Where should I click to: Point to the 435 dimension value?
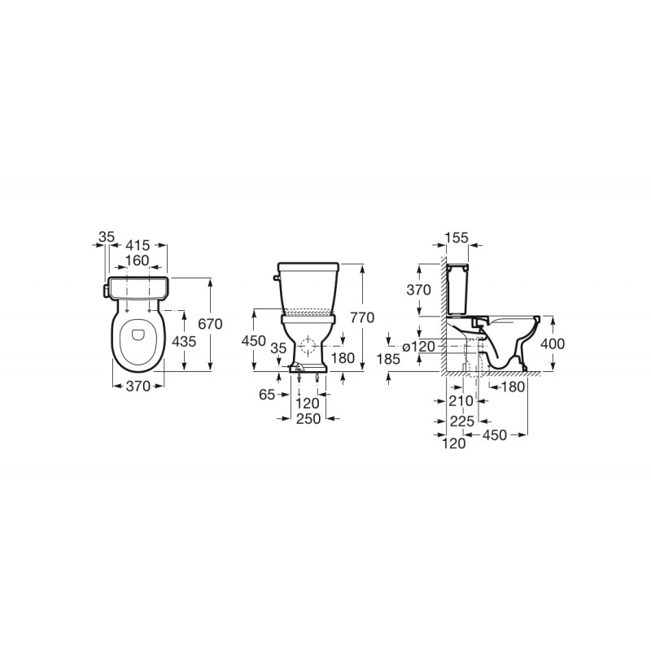coord(185,342)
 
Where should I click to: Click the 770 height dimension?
coord(361,317)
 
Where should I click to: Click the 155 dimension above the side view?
coord(457,238)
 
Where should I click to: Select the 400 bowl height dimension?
coord(553,343)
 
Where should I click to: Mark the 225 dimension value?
coord(462,421)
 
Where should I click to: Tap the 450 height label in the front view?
coord(255,340)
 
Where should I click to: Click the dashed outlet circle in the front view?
coord(308,345)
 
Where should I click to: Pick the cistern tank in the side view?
coord(458,289)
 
